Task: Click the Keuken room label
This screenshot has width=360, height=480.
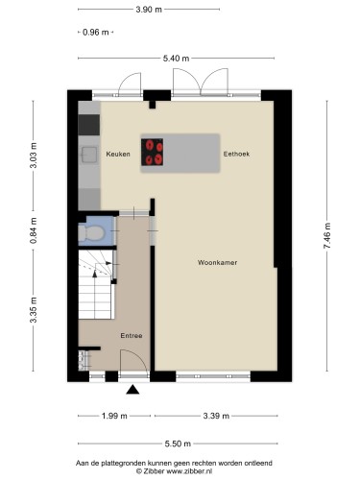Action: (118, 154)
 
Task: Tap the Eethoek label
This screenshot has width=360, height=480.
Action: (236, 154)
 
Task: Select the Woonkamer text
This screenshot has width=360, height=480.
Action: (217, 263)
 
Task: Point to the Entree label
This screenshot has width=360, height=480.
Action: (132, 336)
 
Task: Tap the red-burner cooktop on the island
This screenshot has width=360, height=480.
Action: (153, 152)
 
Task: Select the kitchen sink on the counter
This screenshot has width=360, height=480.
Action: (88, 155)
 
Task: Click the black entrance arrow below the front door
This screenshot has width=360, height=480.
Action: (132, 390)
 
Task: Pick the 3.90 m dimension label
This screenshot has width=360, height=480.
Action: (149, 10)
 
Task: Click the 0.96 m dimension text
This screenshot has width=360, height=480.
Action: (95, 32)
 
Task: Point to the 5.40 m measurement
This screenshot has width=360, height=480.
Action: (176, 59)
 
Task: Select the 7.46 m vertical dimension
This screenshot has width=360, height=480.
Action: (327, 235)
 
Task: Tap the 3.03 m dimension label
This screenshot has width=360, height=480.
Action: (34, 156)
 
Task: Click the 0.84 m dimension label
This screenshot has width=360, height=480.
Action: (34, 230)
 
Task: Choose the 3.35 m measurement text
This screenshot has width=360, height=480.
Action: (34, 310)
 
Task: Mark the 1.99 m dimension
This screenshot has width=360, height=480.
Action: (114, 416)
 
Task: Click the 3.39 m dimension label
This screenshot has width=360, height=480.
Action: (216, 416)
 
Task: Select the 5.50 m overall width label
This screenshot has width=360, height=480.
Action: (178, 444)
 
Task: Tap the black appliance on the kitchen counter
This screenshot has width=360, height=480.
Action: (89, 125)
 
